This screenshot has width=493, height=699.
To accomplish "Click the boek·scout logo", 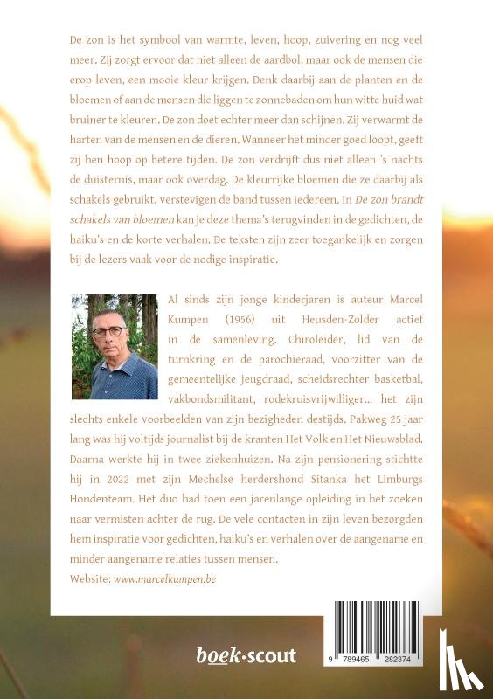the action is click(x=246, y=655).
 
